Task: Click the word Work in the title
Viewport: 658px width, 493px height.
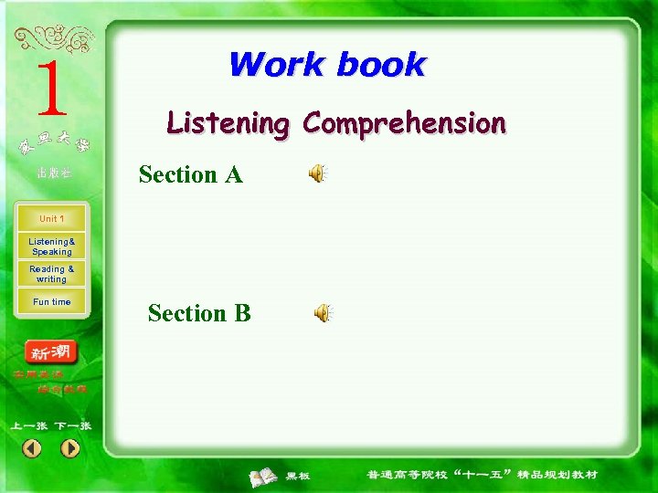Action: click(277, 65)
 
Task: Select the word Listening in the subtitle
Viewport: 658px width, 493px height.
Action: click(228, 122)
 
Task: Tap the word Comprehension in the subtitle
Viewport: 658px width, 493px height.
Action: click(405, 123)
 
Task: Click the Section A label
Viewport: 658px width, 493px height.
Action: click(190, 174)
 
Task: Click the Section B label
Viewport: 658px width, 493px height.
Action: click(199, 313)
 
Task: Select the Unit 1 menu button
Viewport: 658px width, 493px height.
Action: click(51, 219)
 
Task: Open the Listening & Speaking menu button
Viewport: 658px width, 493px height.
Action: click(51, 246)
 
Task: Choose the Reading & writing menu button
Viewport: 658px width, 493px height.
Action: click(51, 274)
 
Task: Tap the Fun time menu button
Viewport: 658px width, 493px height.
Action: click(51, 302)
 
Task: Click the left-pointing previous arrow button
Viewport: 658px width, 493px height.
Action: click(32, 448)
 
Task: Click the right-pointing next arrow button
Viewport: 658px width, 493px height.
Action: click(70, 448)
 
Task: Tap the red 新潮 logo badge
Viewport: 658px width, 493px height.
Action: click(51, 352)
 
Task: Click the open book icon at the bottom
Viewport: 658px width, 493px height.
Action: click(264, 476)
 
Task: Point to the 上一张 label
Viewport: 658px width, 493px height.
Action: click(29, 425)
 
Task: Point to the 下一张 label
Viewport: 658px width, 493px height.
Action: click(72, 425)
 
